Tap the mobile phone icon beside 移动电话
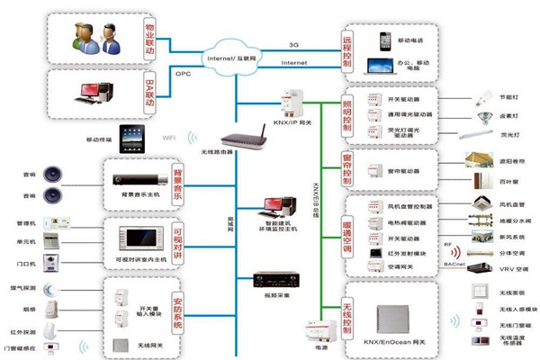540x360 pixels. (x=386, y=40)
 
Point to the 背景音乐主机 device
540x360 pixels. (x=131, y=173)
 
